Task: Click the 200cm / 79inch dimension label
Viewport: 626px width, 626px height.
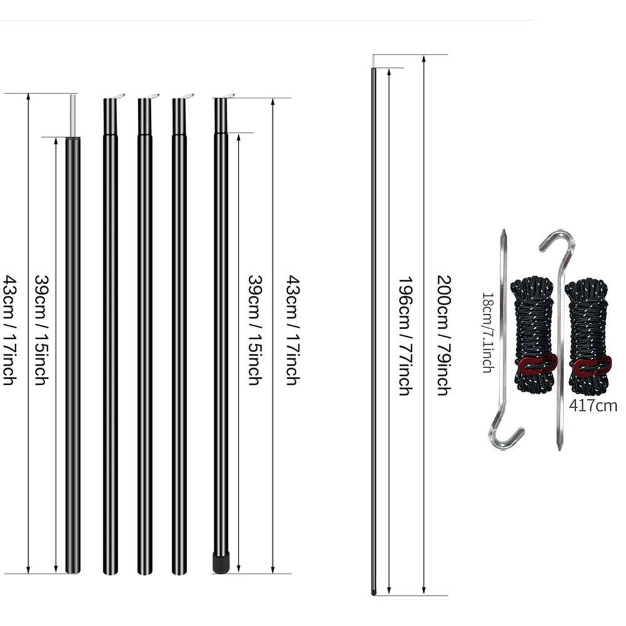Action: tap(442, 335)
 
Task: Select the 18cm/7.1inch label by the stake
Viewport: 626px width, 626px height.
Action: tap(486, 332)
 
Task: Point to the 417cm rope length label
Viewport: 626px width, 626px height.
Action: tap(592, 406)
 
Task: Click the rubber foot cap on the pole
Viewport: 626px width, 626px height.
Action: tap(221, 562)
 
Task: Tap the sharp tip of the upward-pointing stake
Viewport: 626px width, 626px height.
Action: tap(503, 233)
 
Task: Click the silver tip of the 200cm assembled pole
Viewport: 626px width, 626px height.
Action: tap(374, 60)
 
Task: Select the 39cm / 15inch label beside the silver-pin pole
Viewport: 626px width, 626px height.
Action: tap(41, 330)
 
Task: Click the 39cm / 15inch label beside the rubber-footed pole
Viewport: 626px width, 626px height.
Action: tap(254, 330)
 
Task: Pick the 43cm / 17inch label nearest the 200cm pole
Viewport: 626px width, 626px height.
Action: tap(291, 330)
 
